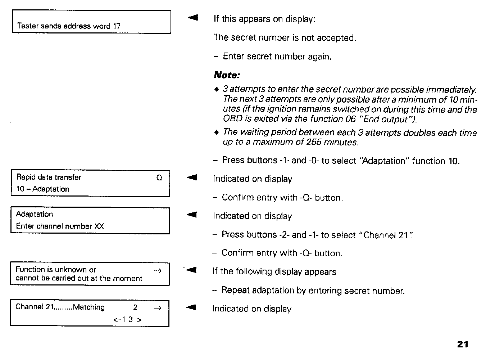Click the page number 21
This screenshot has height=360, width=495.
463,344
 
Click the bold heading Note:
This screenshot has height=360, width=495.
227,75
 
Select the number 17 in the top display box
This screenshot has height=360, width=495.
117,26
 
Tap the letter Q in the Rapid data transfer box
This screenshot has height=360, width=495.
159,177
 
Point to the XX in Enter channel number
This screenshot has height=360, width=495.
99,226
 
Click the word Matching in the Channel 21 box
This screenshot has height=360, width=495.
89,307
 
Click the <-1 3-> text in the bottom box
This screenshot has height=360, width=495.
127,319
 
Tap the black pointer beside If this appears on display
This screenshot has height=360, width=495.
193,17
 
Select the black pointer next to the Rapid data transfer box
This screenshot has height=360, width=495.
192,177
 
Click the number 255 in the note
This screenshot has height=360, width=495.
314,142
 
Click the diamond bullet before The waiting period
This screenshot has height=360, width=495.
216,132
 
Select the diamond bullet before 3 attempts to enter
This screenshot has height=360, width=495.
216,89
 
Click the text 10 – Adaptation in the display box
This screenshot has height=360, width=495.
43,189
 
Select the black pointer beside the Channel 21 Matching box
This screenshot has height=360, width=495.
192,307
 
